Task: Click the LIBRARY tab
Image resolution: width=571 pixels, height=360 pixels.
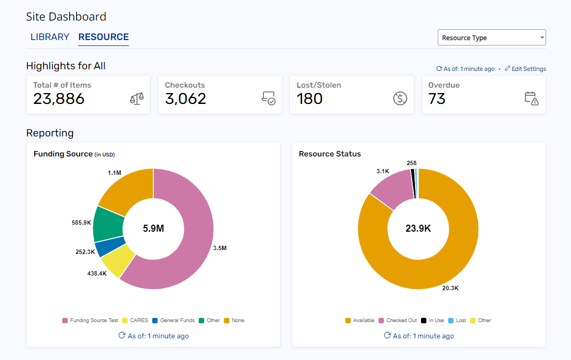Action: click(x=50, y=37)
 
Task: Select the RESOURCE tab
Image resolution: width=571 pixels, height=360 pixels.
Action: click(x=103, y=37)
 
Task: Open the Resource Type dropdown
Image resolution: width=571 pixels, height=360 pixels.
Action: click(x=491, y=38)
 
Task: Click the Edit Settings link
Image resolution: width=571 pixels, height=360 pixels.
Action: click(x=525, y=69)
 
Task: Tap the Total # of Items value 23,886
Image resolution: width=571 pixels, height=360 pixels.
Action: click(x=59, y=99)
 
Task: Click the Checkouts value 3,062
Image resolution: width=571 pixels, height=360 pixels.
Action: click(x=186, y=99)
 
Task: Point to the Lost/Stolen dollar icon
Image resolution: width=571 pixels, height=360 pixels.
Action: click(x=400, y=99)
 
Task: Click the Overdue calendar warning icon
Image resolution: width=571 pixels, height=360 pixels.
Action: click(x=531, y=99)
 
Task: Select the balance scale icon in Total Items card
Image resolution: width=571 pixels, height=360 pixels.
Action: click(x=137, y=99)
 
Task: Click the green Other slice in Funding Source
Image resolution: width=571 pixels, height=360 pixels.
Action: click(x=108, y=224)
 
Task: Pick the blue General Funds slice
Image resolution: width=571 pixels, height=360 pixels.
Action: click(x=110, y=246)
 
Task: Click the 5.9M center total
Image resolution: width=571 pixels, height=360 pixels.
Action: click(x=153, y=228)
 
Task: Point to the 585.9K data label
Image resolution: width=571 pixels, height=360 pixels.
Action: click(x=81, y=222)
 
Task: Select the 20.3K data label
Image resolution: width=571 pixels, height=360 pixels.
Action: click(x=450, y=288)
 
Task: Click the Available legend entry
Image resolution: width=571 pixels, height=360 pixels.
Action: click(x=360, y=320)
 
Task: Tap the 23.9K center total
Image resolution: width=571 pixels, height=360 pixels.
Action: click(x=418, y=228)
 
